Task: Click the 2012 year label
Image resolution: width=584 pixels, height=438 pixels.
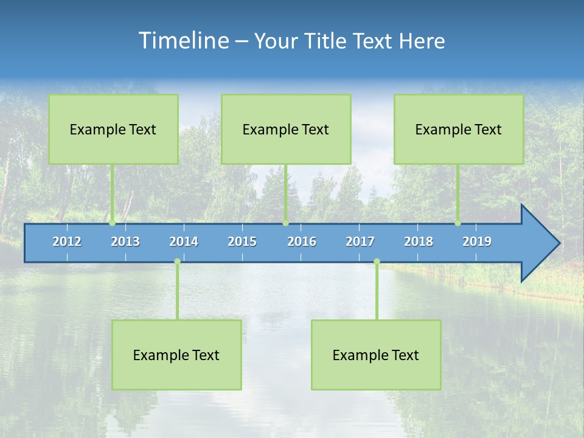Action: click(x=67, y=242)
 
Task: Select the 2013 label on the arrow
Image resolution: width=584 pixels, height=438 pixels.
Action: click(x=125, y=242)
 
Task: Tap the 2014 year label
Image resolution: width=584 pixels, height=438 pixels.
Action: click(x=184, y=242)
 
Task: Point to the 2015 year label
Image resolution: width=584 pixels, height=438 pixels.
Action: click(x=242, y=242)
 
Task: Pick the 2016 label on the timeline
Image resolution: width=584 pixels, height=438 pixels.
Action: click(x=302, y=242)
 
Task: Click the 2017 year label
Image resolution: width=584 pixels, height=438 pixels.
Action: click(x=360, y=242)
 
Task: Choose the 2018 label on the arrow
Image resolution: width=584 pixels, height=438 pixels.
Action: click(x=419, y=242)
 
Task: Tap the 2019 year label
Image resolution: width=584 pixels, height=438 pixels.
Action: click(x=477, y=242)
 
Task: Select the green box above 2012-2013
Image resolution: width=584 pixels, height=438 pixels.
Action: click(x=113, y=129)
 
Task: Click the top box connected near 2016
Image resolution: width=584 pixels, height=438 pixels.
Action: click(x=286, y=129)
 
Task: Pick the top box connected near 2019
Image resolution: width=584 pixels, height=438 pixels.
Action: click(x=459, y=129)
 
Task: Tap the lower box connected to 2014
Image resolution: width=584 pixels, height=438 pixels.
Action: click(x=176, y=355)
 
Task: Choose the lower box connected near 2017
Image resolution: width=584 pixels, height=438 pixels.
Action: click(x=376, y=355)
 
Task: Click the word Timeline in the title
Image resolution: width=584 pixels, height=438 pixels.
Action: click(x=183, y=40)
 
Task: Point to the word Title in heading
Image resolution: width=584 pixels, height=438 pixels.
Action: click(x=327, y=41)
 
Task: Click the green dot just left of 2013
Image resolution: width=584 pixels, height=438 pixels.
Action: click(x=113, y=223)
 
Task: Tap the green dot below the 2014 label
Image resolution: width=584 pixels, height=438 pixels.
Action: click(x=177, y=262)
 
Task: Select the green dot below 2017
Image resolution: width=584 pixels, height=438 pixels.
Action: click(x=377, y=262)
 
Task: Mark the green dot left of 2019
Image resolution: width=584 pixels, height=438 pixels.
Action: click(x=457, y=223)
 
